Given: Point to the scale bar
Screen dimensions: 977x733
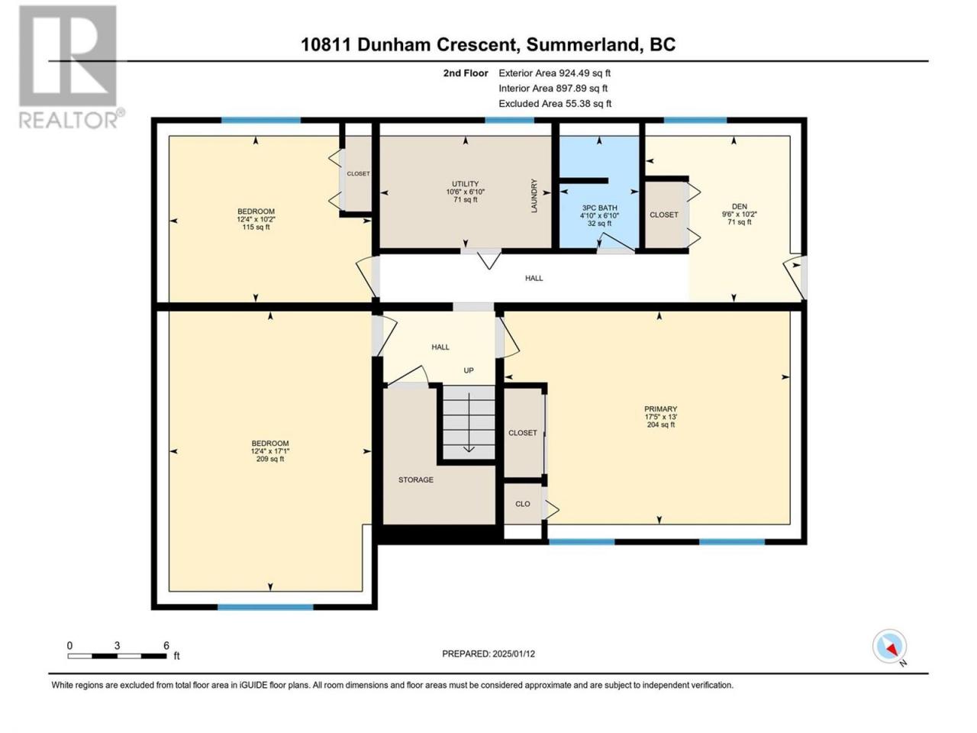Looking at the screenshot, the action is pyautogui.click(x=118, y=656).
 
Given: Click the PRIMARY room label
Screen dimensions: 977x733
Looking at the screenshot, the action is pyautogui.click(x=660, y=417).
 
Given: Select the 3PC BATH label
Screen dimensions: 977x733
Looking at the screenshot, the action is pyautogui.click(x=599, y=215).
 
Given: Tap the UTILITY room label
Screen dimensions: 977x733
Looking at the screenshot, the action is pyautogui.click(x=465, y=192).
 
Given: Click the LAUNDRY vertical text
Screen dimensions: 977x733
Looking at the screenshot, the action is pyautogui.click(x=534, y=195).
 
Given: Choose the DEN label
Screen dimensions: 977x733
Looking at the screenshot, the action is pyautogui.click(x=740, y=214).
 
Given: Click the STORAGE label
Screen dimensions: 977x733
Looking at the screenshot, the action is pyautogui.click(x=416, y=480).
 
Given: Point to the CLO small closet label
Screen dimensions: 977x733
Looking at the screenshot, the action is pyautogui.click(x=523, y=504).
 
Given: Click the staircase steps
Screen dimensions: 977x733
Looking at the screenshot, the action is pyautogui.click(x=469, y=422).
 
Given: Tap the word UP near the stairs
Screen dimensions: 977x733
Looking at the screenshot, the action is pyautogui.click(x=469, y=370).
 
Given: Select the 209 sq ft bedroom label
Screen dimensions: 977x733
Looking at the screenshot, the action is pyautogui.click(x=270, y=451).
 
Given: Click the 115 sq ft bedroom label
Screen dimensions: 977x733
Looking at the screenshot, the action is pyautogui.click(x=256, y=219).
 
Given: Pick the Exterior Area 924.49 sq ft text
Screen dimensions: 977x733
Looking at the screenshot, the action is pyautogui.click(x=555, y=73).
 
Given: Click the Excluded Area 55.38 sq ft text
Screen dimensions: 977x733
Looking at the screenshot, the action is pyautogui.click(x=555, y=104).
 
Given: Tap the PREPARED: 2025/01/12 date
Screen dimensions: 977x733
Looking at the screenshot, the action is pyautogui.click(x=488, y=654).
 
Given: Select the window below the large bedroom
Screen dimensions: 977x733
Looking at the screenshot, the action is pyautogui.click(x=266, y=607).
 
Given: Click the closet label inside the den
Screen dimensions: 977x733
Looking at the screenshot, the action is pyautogui.click(x=663, y=215).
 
